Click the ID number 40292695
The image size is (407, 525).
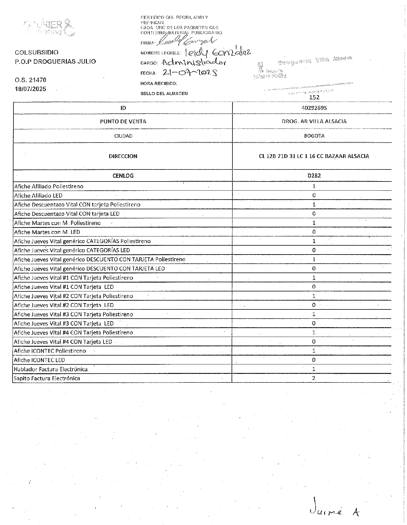[314, 108]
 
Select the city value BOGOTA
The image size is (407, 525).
[314, 136]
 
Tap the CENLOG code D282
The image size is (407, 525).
[314, 176]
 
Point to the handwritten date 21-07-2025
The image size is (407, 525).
[189, 72]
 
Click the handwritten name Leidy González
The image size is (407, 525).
[218, 52]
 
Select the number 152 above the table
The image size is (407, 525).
[314, 97]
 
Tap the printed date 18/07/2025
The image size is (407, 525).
[30, 89]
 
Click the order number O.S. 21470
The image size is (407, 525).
[30, 80]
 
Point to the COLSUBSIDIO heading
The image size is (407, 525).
[36, 52]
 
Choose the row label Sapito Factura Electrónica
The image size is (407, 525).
[47, 378]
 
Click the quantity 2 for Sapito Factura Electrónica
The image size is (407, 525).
[314, 378]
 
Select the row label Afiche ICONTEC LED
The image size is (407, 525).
[40, 360]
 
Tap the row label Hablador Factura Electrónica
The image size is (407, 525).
[51, 369]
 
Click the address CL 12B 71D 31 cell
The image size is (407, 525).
[314, 156]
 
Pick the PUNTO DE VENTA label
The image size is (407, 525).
[123, 122]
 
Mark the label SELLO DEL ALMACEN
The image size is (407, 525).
[164, 94]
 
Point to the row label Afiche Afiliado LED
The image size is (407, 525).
[38, 196]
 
